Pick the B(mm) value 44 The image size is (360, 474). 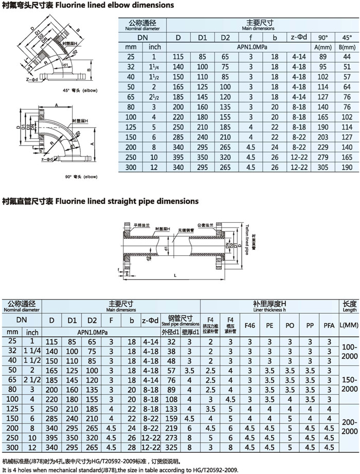[x=346, y=56]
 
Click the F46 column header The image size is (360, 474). [x=249, y=326]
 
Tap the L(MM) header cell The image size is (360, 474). [x=349, y=326]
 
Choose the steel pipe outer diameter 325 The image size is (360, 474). [x=171, y=446]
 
